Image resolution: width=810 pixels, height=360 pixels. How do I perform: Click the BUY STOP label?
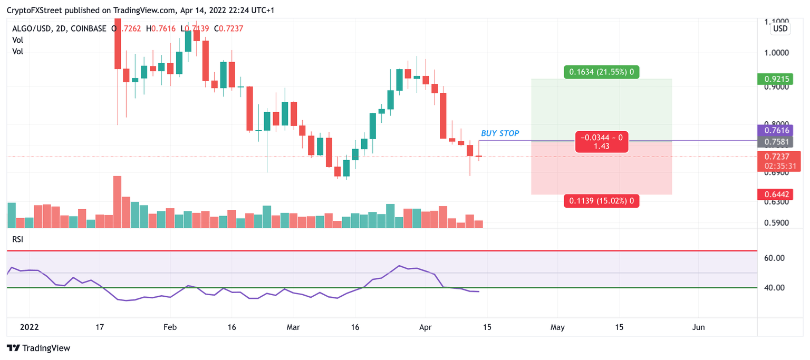500,133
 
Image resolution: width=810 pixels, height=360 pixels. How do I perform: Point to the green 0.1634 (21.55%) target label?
601,72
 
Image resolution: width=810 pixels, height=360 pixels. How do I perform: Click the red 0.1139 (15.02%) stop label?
601,200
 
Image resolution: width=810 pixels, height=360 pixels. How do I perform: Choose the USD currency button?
780,28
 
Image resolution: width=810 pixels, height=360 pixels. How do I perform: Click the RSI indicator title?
18,239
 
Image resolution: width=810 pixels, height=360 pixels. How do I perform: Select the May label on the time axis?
557,327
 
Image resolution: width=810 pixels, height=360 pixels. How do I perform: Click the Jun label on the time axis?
698,327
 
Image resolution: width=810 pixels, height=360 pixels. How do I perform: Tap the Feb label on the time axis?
170,327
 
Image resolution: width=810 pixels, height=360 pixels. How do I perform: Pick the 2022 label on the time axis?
30,327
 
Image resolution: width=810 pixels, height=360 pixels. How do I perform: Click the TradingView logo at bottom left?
38,348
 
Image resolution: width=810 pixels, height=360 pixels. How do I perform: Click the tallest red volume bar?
117,202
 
